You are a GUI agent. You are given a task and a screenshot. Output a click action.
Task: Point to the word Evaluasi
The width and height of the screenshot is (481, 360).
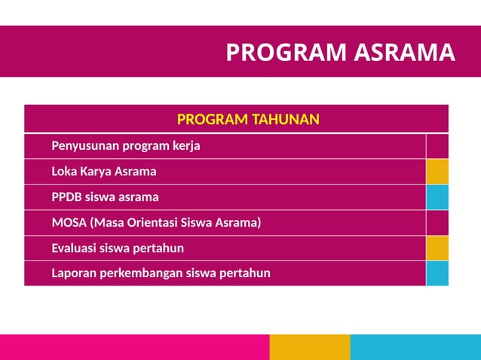point(75,248)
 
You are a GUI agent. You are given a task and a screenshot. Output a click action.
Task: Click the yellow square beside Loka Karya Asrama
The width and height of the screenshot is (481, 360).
point(437,172)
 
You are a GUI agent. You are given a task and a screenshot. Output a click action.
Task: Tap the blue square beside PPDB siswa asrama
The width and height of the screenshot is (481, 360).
point(437,197)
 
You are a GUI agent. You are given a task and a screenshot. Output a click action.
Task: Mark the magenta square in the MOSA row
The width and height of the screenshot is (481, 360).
point(437,223)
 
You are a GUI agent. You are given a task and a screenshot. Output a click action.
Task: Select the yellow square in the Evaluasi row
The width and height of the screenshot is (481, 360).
point(437,248)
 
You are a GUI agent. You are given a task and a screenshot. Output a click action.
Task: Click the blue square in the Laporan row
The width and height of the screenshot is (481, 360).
point(437,273)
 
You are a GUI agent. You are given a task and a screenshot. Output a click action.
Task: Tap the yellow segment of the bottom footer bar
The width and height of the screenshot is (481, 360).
point(310,347)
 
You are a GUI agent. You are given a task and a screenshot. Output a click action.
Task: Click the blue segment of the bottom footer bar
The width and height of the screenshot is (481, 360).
point(415,347)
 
